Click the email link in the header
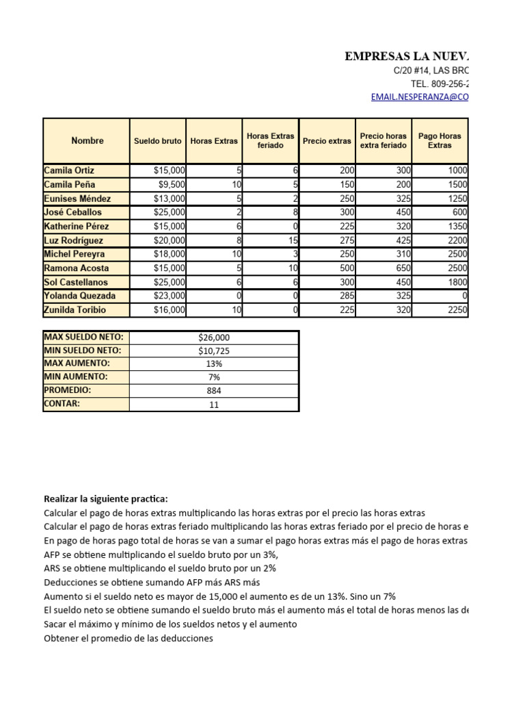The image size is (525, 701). [x=420, y=97]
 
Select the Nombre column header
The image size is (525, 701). [x=87, y=141]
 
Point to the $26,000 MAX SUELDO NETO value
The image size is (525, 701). [x=214, y=337]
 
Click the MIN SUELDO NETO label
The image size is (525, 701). [x=83, y=350]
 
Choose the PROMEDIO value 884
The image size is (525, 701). [x=214, y=391]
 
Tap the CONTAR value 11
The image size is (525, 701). [x=214, y=405]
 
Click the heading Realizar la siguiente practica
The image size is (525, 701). [x=105, y=498]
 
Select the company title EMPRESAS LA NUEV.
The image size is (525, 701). [x=407, y=56]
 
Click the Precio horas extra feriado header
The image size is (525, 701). [x=383, y=141]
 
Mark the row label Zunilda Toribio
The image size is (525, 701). [x=76, y=310]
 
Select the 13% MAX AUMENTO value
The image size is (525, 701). [x=214, y=364]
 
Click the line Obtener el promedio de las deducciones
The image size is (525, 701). [x=129, y=638]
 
